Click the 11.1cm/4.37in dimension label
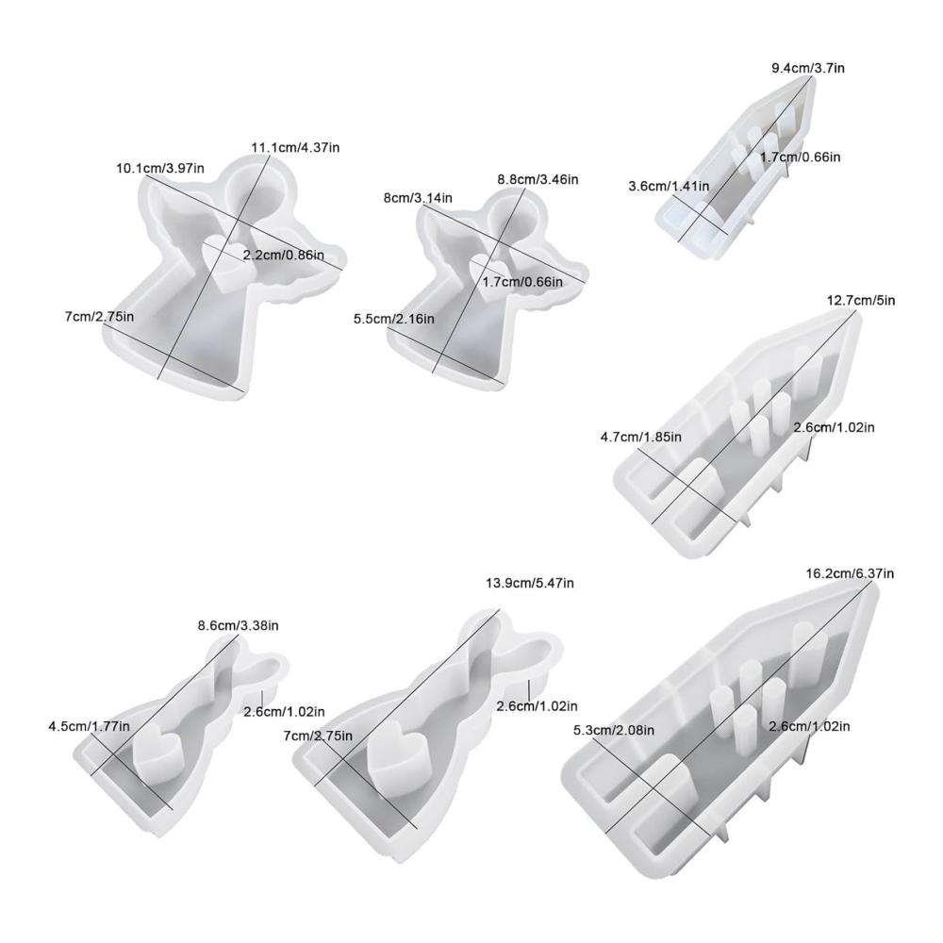[x=294, y=147]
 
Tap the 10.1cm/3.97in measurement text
[x=160, y=168]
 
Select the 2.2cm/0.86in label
[x=283, y=255]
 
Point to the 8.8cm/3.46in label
[x=538, y=179]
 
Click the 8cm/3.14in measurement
[x=418, y=197]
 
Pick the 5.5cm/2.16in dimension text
[x=394, y=318]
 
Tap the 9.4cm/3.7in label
[x=808, y=68]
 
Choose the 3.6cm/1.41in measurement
[x=669, y=187]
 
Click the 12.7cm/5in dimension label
[x=861, y=300]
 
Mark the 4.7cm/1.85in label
[x=641, y=437]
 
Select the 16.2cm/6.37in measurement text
[x=850, y=573]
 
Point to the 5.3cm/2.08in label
[x=614, y=730]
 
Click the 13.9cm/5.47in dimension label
[x=529, y=583]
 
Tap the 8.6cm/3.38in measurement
[x=239, y=625]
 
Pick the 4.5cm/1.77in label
[x=89, y=726]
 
